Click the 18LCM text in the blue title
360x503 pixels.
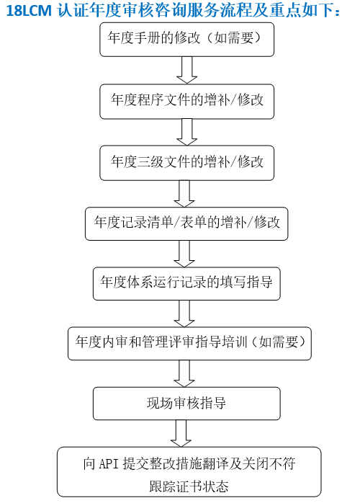29,10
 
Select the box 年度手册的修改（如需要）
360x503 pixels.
187,40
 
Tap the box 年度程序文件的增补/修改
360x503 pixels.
187,102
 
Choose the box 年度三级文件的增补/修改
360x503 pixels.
187,163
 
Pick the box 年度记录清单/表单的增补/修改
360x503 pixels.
186,224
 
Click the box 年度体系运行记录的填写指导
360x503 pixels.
186,284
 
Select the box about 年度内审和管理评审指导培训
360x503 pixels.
189,344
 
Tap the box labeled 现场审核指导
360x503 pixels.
186,404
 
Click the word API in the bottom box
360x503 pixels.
109,464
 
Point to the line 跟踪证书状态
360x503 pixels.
189,486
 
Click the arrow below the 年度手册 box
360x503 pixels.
187,70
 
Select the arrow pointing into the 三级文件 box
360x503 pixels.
187,132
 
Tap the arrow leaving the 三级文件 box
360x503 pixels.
184,194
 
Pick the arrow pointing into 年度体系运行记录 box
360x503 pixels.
184,254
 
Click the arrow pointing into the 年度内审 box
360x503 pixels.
184,313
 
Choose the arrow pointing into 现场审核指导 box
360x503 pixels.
184,374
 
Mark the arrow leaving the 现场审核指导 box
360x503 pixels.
181,434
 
